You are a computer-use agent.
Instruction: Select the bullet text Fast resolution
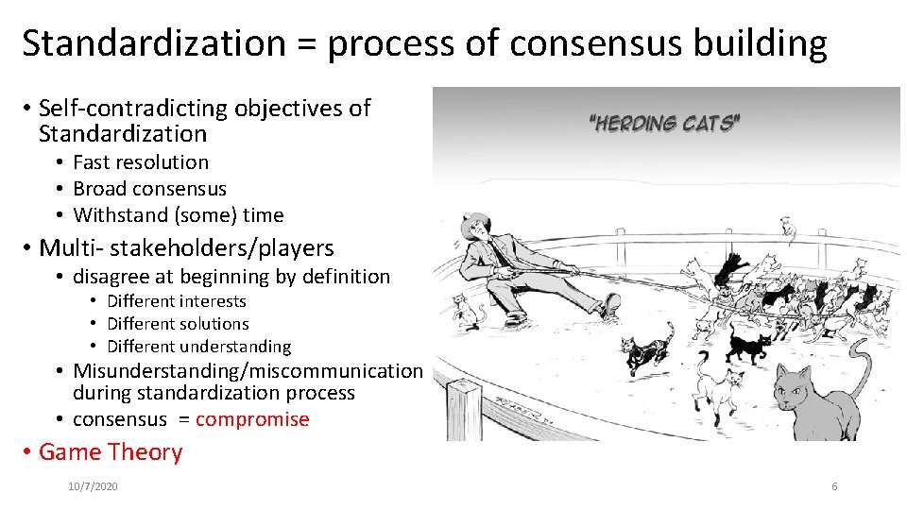tap(141, 162)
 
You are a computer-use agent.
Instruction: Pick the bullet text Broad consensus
tap(149, 189)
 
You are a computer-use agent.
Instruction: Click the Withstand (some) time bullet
tap(178, 215)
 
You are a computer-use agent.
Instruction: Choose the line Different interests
tap(176, 301)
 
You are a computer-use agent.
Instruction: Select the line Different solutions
tap(178, 324)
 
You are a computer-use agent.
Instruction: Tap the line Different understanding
tap(198, 347)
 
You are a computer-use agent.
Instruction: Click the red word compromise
tap(252, 419)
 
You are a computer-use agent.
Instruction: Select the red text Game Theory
tap(111, 452)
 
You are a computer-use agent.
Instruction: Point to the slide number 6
tap(834, 486)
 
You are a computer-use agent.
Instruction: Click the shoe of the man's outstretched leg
tap(611, 304)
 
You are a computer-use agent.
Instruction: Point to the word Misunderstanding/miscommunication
tap(248, 371)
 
